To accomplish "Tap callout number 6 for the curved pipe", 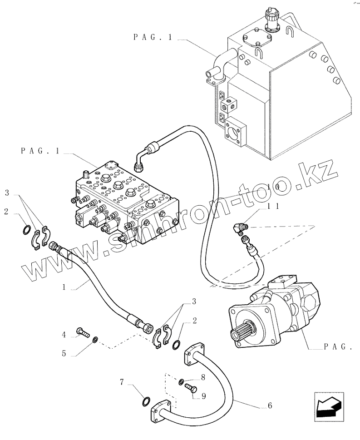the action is [270, 405].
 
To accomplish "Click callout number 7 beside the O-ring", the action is [122, 381].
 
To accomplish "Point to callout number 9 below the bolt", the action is [204, 396].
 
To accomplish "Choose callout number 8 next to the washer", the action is [203, 377].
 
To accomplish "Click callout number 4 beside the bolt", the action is [64, 335].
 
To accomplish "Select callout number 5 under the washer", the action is [64, 353].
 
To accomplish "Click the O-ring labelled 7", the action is [146, 402].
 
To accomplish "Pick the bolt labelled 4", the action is [82, 332].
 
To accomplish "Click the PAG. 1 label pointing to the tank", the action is [153, 37].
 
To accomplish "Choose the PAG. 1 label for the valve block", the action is [40, 151].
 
